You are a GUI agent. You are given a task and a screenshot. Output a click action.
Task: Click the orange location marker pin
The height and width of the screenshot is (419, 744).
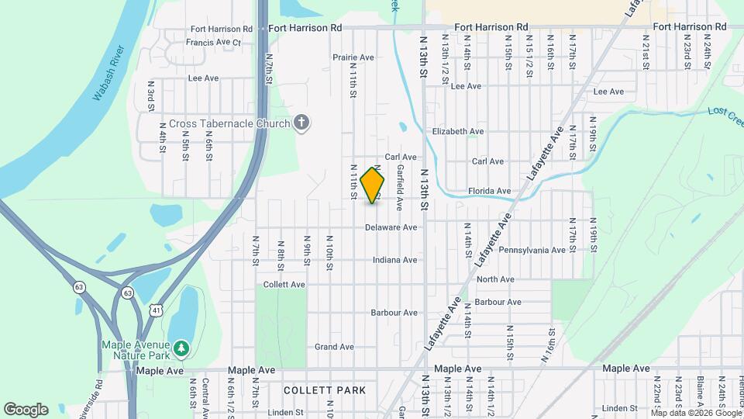pos(373,185)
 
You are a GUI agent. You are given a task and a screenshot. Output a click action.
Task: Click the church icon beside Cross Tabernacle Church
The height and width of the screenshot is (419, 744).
pos(302,123)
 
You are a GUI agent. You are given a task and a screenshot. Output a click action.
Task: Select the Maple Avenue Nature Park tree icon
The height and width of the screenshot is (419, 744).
pos(181,349)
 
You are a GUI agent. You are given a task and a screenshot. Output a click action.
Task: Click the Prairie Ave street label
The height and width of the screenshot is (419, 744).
pos(353,57)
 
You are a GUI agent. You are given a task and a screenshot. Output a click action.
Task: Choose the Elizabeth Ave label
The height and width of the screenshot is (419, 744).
pos(458,132)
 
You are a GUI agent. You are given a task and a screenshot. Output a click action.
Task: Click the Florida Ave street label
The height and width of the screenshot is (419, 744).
pos(489,191)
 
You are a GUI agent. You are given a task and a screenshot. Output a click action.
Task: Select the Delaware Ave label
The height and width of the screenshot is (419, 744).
pos(393,227)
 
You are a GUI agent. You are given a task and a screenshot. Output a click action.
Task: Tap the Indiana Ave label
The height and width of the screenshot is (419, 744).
pos(394,260)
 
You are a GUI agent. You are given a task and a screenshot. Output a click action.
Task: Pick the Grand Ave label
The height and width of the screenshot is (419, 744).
pos(334,347)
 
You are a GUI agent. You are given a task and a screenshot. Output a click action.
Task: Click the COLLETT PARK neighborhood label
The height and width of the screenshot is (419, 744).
pos(324,390)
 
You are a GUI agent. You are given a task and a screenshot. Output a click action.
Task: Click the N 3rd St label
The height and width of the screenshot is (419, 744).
pos(151,94)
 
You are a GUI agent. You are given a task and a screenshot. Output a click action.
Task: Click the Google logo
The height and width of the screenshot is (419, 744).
pos(26,409)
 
